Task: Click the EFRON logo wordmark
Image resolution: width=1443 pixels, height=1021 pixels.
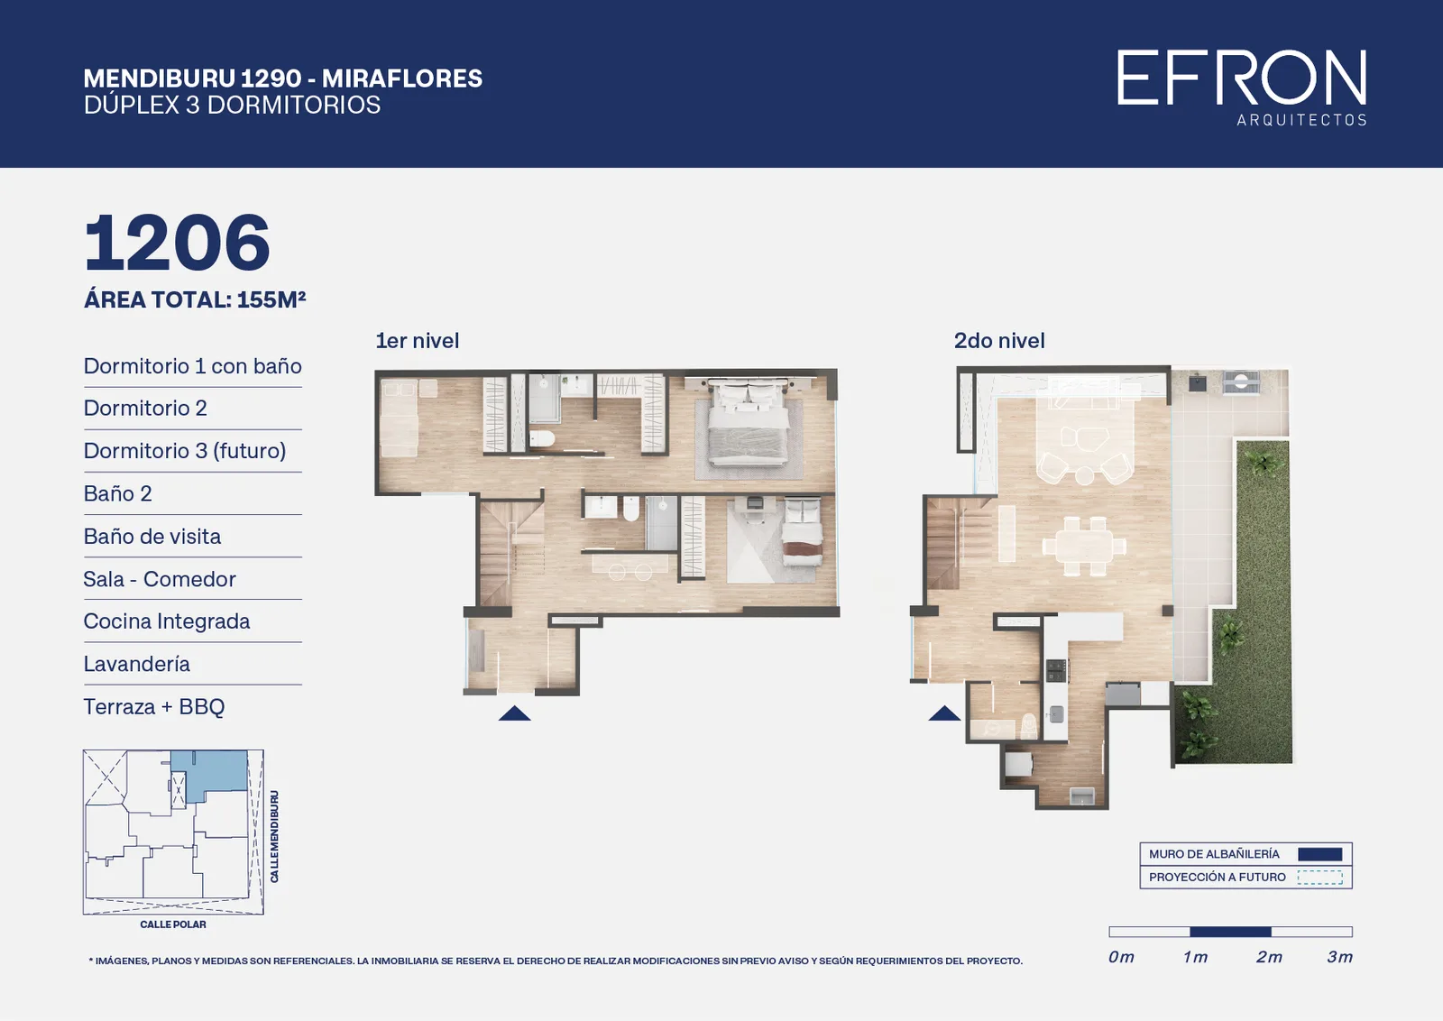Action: coord(1241,78)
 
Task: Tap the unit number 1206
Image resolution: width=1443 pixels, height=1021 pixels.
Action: coord(177,243)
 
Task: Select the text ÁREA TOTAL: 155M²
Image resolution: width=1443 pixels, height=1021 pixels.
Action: coord(195,300)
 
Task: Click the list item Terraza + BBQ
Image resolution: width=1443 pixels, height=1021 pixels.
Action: coord(154,706)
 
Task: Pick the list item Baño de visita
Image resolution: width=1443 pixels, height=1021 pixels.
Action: coord(152,536)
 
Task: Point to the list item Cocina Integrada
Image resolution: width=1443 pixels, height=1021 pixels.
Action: coord(167,621)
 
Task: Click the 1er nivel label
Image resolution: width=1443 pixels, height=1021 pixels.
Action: coord(418,341)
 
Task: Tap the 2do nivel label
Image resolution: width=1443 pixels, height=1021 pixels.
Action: coord(999,341)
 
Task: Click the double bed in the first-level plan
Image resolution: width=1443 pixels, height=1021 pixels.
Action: coord(748,423)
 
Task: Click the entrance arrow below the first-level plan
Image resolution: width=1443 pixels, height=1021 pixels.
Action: coord(514,713)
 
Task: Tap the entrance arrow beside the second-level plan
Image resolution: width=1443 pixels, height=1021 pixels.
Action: coord(943,713)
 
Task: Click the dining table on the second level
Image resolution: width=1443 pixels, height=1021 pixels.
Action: coord(1084,546)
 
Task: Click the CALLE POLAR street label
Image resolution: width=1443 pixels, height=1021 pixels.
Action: coord(173,924)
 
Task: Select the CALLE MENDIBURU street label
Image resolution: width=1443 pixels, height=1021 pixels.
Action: coord(274,837)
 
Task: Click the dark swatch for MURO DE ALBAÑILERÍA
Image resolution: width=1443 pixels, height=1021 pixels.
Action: coord(1320,854)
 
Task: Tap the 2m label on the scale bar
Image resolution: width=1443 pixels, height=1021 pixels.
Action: coord(1269,957)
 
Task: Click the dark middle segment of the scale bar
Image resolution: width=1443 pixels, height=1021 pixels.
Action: coord(1230,932)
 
